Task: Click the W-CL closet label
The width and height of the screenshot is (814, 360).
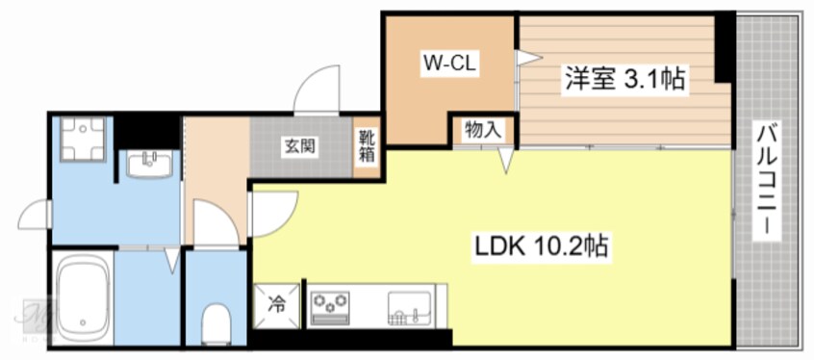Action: click(450, 65)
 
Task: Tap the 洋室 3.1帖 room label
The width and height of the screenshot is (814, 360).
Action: click(624, 79)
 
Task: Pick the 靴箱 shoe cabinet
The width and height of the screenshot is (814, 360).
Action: click(367, 146)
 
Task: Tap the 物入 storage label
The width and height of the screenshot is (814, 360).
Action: click(481, 129)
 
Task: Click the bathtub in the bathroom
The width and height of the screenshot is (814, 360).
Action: click(81, 297)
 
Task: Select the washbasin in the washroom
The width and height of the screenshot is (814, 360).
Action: click(149, 165)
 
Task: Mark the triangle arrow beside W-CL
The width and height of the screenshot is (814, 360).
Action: click(524, 59)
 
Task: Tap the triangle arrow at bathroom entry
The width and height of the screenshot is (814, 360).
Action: click(171, 258)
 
